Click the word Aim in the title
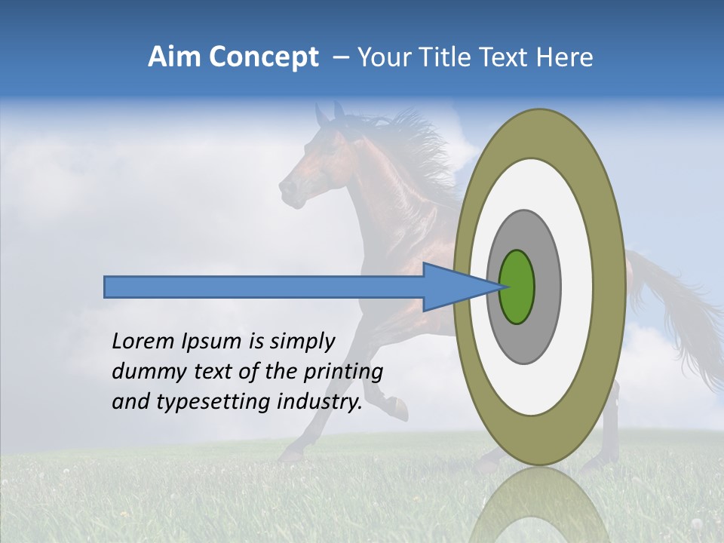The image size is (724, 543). tap(174, 57)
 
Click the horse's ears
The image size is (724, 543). tap(330, 115)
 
